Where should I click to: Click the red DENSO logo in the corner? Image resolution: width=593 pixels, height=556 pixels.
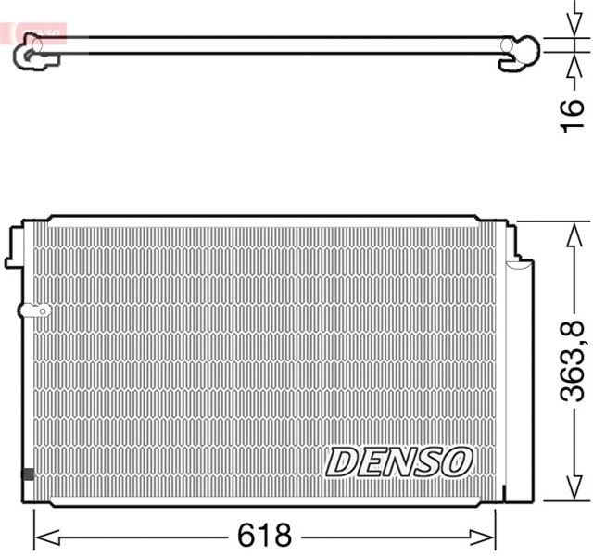(37, 32)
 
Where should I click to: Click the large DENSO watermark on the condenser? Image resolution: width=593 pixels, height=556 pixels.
(400, 461)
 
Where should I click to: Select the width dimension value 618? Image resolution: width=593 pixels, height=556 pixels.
(264, 536)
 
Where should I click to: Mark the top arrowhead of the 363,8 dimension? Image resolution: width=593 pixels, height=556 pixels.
(566, 231)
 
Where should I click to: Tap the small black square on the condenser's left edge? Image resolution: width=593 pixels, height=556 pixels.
(27, 474)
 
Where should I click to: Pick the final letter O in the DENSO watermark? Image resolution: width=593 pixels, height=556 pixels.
(457, 461)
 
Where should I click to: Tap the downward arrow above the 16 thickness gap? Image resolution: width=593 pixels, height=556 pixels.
(566, 28)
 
